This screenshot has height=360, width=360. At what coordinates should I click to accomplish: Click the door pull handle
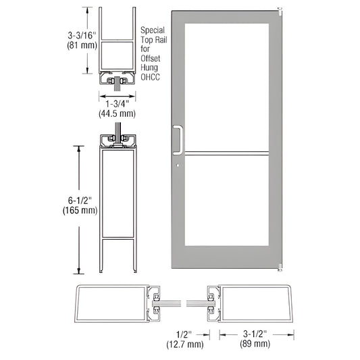(x=179, y=138)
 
